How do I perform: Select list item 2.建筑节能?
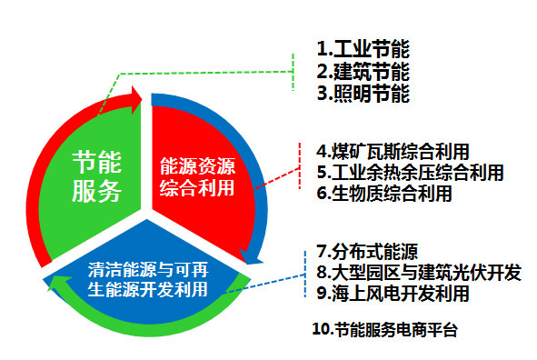(361, 71)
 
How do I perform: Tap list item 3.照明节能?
(361, 93)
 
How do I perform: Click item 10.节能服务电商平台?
(383, 330)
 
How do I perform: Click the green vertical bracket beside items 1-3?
(293, 70)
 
